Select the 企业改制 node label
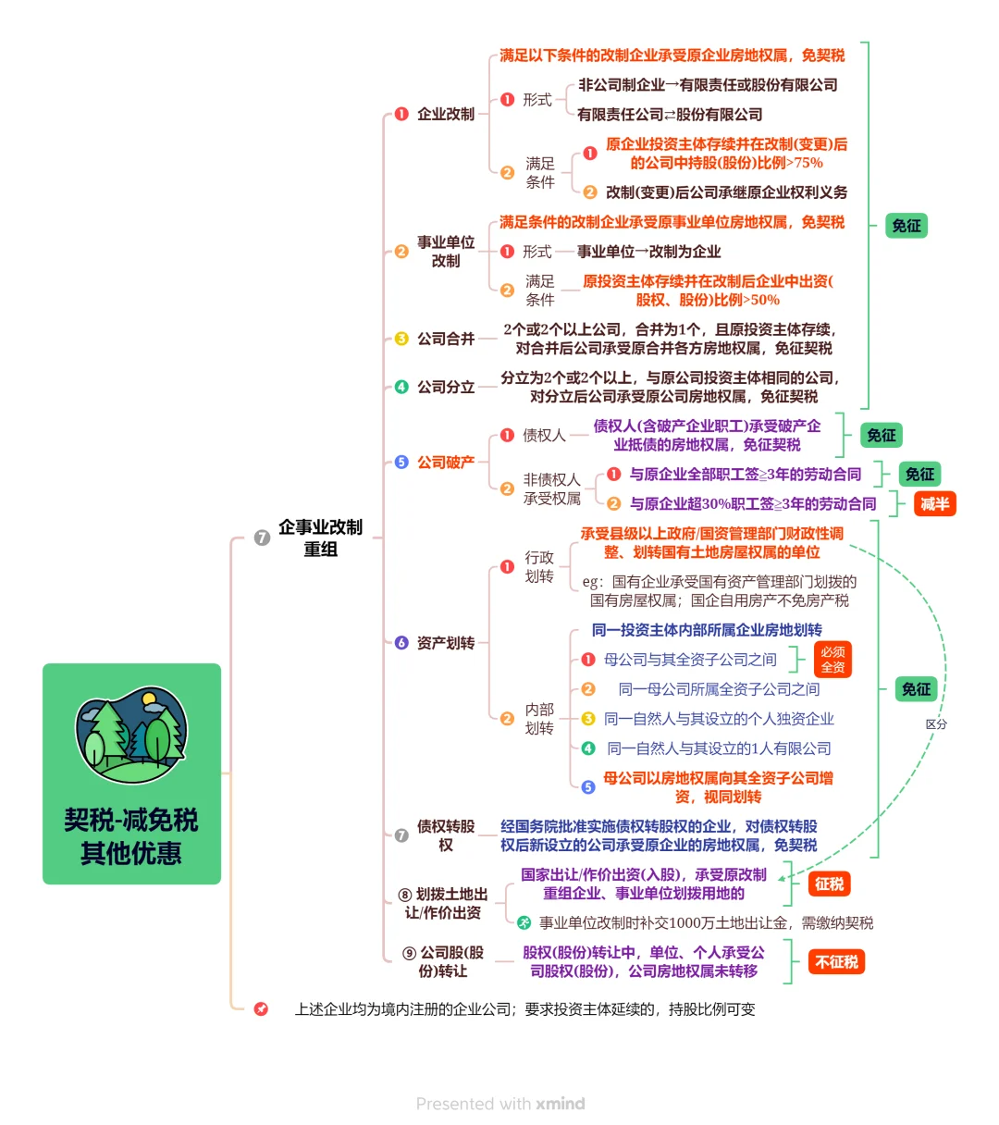click(x=445, y=114)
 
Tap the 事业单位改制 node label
click(x=445, y=252)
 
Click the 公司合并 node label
click(x=445, y=339)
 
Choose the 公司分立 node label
click(x=445, y=387)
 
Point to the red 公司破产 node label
click(x=445, y=462)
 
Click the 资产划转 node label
click(x=445, y=643)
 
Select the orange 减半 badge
click(x=934, y=504)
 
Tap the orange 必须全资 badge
click(x=832, y=660)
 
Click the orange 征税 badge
click(x=829, y=884)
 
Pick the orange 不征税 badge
click(x=836, y=962)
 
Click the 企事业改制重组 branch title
click(x=320, y=538)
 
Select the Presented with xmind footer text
click(x=499, y=1104)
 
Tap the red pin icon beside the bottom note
click(x=261, y=1009)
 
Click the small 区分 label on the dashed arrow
click(x=936, y=724)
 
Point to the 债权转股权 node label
click(x=445, y=835)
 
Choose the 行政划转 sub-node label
click(x=539, y=567)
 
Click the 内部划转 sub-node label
click(x=539, y=719)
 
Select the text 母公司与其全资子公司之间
click(x=690, y=660)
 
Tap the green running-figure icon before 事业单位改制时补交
click(x=524, y=922)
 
